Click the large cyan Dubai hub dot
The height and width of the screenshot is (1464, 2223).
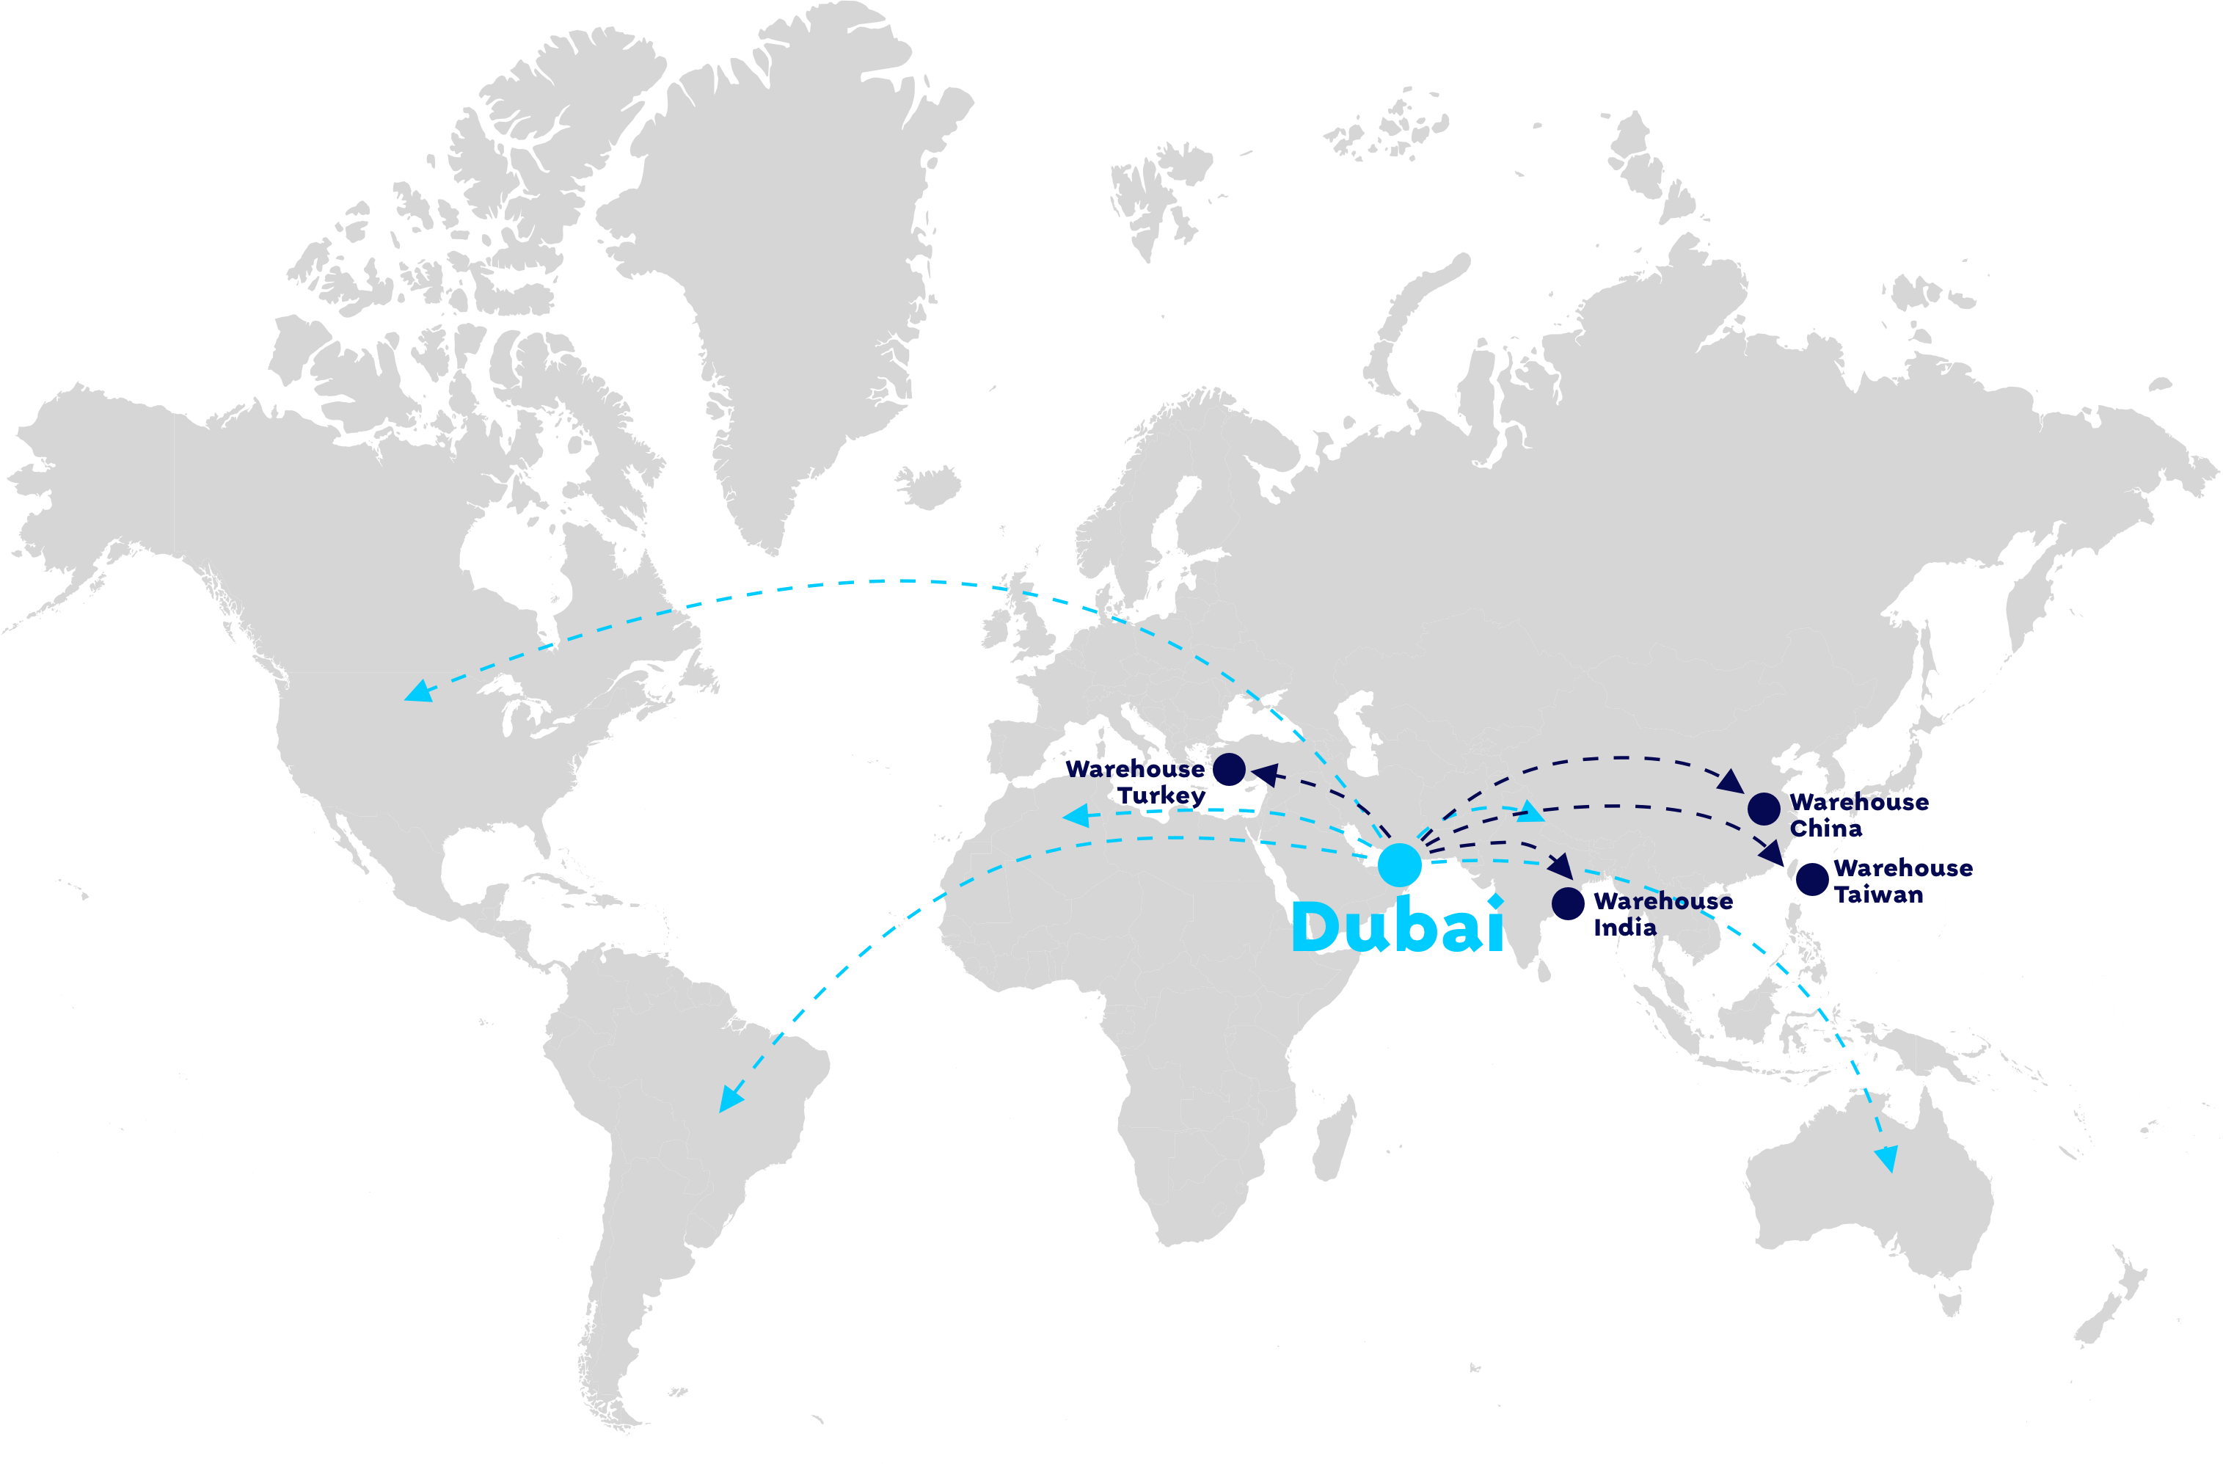(1399, 864)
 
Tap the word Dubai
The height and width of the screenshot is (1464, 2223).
(1398, 927)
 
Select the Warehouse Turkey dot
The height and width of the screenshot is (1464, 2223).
(1229, 770)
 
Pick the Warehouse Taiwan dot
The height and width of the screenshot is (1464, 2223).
(1812, 879)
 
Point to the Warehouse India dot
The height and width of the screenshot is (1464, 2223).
(1569, 903)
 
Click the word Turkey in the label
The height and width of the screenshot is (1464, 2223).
(1162, 795)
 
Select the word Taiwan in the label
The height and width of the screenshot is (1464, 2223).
(1878, 894)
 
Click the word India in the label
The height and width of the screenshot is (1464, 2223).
(1624, 927)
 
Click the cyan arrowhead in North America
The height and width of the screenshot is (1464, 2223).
(417, 691)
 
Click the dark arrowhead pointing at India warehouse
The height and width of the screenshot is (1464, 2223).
(1561, 866)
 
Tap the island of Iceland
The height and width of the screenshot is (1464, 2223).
(927, 487)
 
